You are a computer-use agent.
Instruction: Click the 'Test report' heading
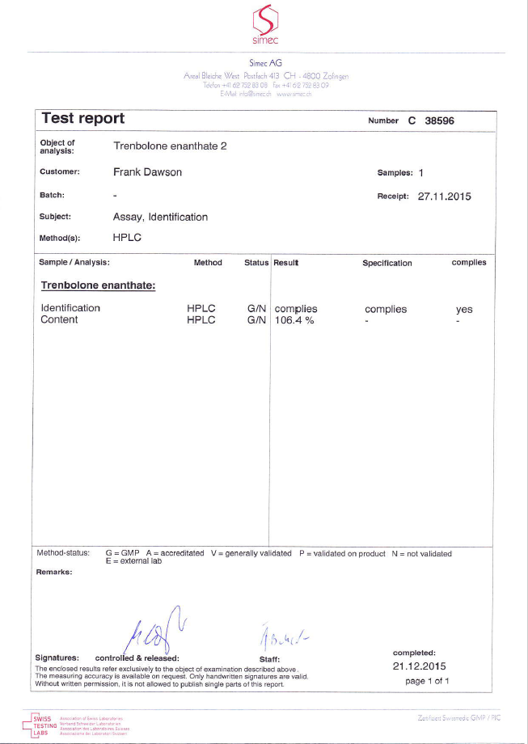coord(83,118)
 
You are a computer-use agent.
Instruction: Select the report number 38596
coord(446,120)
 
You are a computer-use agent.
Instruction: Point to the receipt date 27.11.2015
coord(444,196)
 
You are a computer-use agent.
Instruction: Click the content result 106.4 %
coord(294,320)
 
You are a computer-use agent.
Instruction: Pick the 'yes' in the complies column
coord(464,310)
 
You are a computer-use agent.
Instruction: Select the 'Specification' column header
coord(386,263)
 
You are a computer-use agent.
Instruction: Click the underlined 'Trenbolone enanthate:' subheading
coord(98,285)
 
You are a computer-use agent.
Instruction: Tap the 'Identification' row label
coord(70,308)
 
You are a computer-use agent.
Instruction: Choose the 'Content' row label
coord(59,320)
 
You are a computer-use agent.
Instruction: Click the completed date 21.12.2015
coord(419,666)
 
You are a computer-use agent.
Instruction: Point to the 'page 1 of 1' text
coord(427,681)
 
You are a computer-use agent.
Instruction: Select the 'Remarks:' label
coord(54,572)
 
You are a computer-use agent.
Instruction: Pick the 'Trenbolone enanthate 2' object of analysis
coord(164,146)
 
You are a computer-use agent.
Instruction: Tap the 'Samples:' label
coord(395,172)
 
